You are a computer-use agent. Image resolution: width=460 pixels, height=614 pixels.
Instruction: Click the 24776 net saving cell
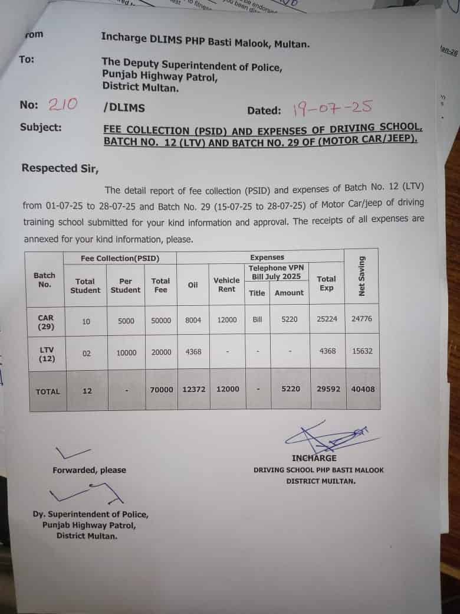pos(362,319)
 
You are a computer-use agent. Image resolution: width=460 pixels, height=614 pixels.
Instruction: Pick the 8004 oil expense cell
pos(193,320)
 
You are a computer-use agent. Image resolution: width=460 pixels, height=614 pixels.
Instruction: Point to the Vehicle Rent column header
pos(226,285)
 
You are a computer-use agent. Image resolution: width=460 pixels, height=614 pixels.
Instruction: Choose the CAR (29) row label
pos(45,322)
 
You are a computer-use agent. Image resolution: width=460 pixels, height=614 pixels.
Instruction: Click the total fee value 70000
pos(161,390)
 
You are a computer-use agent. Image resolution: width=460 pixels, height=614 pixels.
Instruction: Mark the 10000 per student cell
pos(126,352)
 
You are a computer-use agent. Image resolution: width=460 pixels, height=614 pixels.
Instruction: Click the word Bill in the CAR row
pos(257,319)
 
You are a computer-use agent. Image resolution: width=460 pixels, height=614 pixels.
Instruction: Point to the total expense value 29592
pos(327,390)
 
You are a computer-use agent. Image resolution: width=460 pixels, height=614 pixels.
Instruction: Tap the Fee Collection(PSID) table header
pos(120,258)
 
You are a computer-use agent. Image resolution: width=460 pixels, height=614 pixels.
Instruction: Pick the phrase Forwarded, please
pos(89,470)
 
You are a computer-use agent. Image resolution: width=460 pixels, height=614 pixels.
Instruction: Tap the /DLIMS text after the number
pos(123,107)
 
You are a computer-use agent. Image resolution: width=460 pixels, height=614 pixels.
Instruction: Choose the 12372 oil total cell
pos(193,390)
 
